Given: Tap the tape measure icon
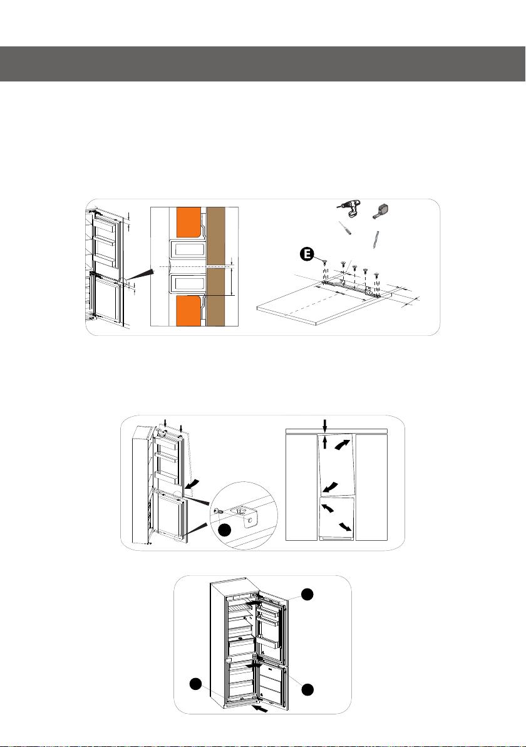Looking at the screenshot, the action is pyautogui.click(x=382, y=210).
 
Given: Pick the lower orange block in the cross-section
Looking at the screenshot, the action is pyautogui.click(x=188, y=311).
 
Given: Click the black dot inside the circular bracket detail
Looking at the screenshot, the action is pyautogui.click(x=225, y=530).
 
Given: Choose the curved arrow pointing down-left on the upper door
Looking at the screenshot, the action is pyautogui.click(x=331, y=487).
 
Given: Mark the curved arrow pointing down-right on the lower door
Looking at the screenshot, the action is pyautogui.click(x=346, y=526).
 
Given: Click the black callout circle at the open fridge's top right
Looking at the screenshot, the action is pyautogui.click(x=308, y=594).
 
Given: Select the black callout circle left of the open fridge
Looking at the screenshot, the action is pyautogui.click(x=195, y=684).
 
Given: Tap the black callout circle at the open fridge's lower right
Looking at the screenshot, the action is pyautogui.click(x=308, y=689).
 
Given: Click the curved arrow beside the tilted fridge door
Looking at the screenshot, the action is pyautogui.click(x=193, y=484).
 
